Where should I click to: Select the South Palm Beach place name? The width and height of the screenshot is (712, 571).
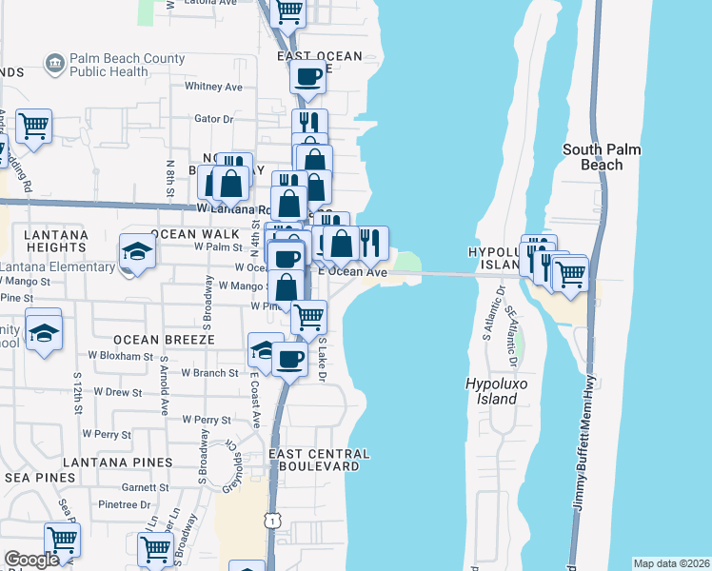[605, 157]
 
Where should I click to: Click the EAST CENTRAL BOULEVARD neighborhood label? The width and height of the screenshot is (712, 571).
[314, 461]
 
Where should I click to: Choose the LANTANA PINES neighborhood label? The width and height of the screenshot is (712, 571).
[118, 462]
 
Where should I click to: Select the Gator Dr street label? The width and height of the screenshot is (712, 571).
[213, 119]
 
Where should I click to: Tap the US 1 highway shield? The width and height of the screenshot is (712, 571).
[274, 520]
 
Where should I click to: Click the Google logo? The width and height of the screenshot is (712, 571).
[31, 560]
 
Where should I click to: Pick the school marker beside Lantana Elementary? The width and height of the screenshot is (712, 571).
[137, 252]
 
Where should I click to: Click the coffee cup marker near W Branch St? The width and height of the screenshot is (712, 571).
[290, 359]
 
